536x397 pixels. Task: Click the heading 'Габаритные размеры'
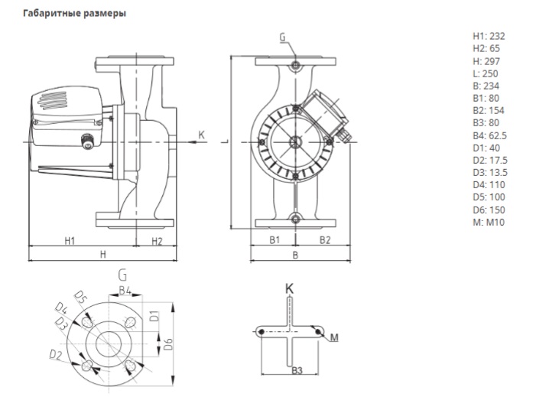coord(74,13)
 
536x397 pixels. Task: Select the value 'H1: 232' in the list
coord(489,36)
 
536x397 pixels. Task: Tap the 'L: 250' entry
coord(486,73)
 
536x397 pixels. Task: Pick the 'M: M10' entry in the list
coord(489,223)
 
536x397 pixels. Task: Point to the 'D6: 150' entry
coord(489,210)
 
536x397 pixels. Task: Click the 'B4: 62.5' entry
coord(490,135)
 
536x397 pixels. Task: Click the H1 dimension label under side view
coord(70,241)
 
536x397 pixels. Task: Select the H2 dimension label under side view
coord(157,241)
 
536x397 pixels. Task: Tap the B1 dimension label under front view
coord(274,239)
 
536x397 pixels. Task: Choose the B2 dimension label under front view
coord(325,240)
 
